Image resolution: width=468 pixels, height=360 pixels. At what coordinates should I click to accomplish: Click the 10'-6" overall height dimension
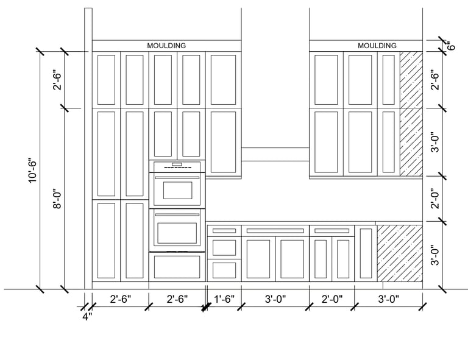[33, 171]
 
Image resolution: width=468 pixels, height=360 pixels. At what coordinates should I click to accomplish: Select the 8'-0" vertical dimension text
[58, 198]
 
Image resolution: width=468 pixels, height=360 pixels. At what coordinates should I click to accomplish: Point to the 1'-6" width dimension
[225, 300]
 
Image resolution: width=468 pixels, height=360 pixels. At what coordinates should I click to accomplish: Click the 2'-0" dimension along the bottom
[332, 300]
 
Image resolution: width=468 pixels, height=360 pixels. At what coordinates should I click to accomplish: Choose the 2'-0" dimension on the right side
[434, 199]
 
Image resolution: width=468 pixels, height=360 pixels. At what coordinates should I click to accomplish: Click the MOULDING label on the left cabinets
[166, 46]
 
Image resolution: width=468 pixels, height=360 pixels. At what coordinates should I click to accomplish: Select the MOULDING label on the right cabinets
[377, 46]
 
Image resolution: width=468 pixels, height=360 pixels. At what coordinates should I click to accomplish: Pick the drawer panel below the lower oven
[177, 266]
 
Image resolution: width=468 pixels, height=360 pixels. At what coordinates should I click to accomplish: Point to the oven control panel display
[177, 164]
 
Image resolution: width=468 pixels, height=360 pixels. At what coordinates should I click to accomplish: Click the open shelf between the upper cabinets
[275, 154]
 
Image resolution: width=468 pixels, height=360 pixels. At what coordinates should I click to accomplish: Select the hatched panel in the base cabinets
[400, 253]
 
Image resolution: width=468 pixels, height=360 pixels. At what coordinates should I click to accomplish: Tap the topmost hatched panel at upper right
[411, 79]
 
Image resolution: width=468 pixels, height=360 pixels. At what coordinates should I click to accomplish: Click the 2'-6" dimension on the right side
[434, 80]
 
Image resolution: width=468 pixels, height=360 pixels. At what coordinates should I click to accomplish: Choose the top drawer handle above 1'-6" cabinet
[224, 231]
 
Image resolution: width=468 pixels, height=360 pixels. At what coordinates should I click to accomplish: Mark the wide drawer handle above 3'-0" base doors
[275, 231]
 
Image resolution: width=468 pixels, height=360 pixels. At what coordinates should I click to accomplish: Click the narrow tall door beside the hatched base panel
[366, 253]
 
